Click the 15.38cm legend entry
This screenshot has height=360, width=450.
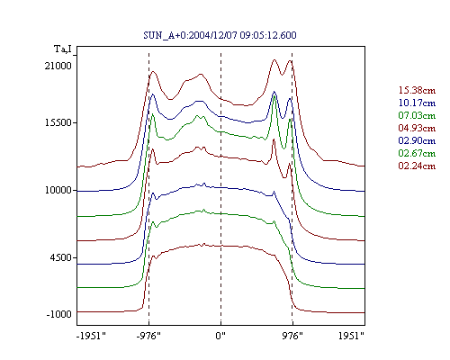click(417, 90)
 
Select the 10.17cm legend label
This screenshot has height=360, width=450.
click(417, 103)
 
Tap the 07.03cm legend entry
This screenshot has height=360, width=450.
click(417, 115)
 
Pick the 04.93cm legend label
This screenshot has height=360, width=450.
click(417, 128)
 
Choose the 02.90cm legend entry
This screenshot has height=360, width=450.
click(417, 140)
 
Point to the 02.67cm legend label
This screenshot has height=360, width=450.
click(417, 153)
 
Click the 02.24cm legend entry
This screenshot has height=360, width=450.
click(417, 166)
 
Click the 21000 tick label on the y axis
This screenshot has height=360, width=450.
click(58, 66)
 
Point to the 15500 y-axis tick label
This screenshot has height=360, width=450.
click(58, 122)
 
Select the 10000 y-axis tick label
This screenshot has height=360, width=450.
click(58, 190)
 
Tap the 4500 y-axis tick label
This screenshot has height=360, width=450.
click(61, 257)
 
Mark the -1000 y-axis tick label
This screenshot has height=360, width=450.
click(59, 314)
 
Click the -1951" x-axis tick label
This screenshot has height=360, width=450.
click(91, 336)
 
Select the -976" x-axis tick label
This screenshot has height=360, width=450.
click(148, 336)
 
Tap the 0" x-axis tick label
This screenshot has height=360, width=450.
click(220, 336)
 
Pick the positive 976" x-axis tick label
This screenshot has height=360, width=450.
click(292, 336)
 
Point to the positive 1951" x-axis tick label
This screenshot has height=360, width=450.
click(351, 336)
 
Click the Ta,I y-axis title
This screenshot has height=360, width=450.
click(63, 49)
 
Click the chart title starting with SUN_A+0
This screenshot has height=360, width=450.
click(220, 35)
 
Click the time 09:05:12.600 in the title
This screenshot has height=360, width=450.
click(268, 35)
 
